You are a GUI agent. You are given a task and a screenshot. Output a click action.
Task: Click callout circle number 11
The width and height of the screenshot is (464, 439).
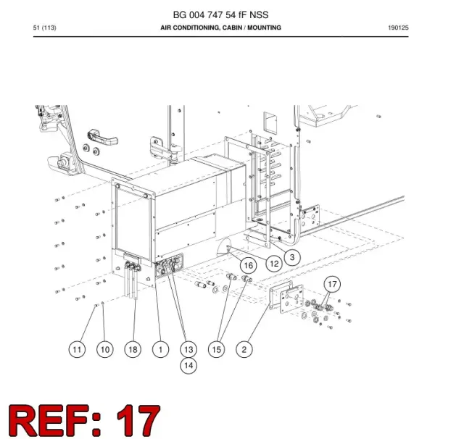[77, 349]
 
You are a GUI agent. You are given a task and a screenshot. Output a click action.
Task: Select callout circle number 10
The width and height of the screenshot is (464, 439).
[105, 349]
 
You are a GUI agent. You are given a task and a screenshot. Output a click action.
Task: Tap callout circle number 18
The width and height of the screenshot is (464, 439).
[133, 349]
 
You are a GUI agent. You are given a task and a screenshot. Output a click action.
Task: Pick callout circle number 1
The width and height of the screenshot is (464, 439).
[161, 349]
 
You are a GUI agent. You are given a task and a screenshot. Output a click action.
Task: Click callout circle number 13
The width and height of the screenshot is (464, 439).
[188, 349]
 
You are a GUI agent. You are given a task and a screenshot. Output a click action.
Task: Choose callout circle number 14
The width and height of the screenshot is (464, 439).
[188, 365]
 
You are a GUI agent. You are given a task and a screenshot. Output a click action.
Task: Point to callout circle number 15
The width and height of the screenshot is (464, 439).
[216, 349]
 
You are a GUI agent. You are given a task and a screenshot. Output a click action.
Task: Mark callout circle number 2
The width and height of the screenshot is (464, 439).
[244, 349]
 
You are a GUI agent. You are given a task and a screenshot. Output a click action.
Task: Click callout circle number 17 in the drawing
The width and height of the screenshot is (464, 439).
[332, 284]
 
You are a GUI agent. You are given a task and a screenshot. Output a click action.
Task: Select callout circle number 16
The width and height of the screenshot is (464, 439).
[248, 265]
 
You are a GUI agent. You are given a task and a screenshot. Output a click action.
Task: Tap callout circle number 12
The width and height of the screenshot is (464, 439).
[274, 264]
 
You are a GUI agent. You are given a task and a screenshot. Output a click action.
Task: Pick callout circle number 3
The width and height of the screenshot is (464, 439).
[292, 257]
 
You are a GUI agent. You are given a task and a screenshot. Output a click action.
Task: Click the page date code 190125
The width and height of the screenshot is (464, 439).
[398, 28]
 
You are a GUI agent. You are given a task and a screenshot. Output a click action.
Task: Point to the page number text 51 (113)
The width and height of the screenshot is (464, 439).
[45, 28]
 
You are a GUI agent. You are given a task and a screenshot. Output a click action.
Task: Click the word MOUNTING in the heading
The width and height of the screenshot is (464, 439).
[264, 28]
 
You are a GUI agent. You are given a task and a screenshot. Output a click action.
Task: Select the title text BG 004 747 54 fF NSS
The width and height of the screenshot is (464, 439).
[220, 14]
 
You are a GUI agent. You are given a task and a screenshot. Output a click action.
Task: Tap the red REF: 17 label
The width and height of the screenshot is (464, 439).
[84, 420]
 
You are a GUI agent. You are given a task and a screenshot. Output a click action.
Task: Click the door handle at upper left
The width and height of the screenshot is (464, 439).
[102, 137]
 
